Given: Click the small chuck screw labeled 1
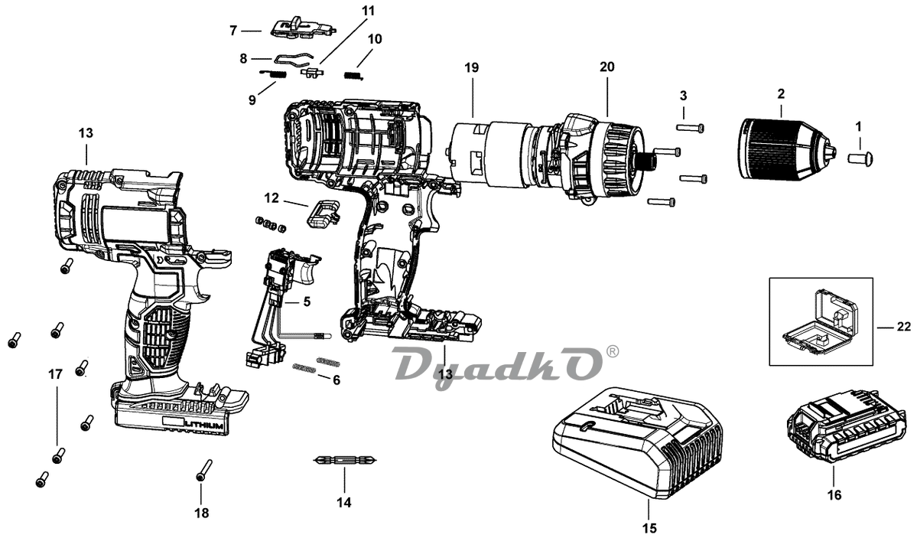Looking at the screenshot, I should coord(862,158).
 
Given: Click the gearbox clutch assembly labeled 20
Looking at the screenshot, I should coord(597,159).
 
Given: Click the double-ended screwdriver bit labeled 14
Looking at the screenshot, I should coord(343,460).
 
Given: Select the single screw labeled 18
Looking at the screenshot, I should coord(203,469).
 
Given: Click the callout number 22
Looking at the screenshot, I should coord(903,327).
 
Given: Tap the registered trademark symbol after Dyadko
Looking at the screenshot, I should coord(613,351).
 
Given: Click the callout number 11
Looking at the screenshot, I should coord(369,11).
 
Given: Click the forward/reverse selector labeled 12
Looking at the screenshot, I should coord(322,214).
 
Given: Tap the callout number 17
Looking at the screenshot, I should coord(55,374).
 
